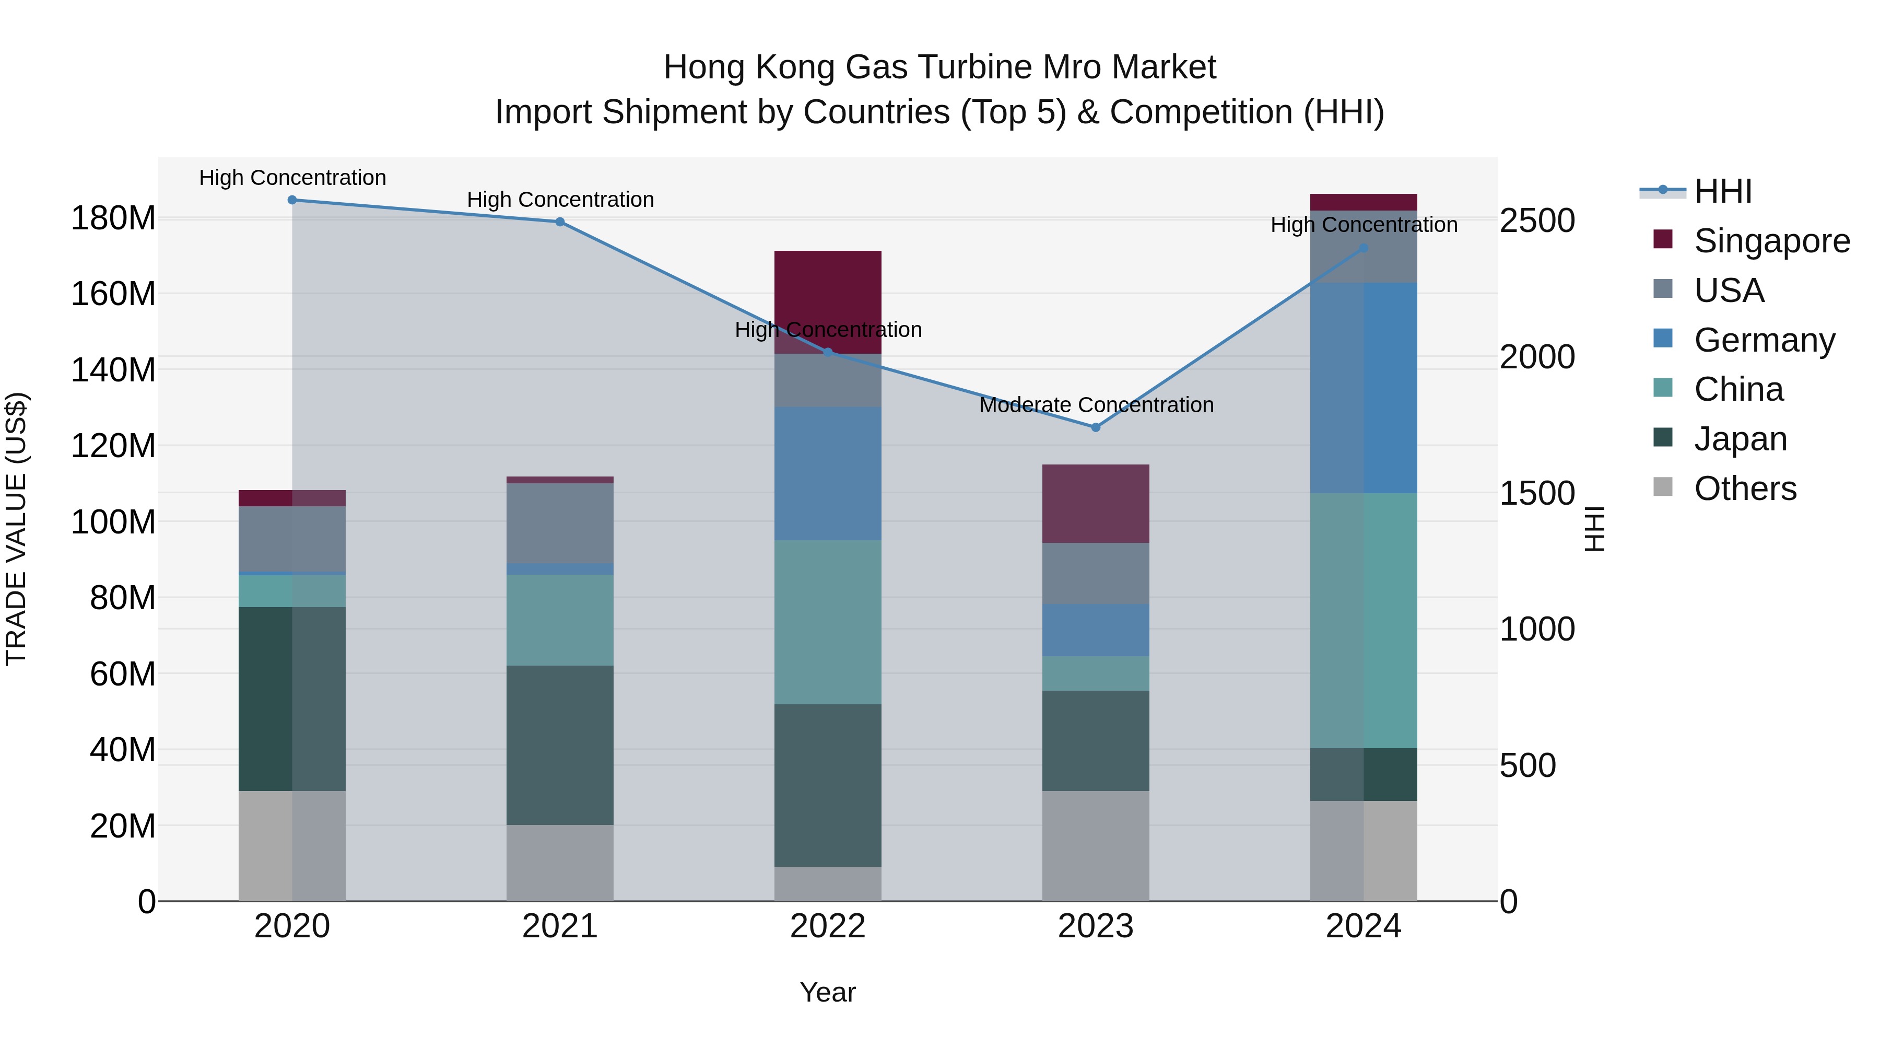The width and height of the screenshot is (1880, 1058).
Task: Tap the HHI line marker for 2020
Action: [x=292, y=200]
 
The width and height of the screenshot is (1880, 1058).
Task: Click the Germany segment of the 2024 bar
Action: [x=1364, y=388]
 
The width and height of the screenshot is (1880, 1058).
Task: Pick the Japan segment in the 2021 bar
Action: [x=560, y=745]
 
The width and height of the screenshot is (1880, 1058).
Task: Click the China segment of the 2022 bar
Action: [x=828, y=622]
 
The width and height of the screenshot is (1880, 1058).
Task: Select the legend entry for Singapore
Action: [x=1771, y=241]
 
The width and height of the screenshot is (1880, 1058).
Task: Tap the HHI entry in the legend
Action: [x=1722, y=191]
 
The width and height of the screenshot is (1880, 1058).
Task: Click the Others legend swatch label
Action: [x=1744, y=489]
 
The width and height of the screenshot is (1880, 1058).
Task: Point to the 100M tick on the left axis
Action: [x=113, y=522]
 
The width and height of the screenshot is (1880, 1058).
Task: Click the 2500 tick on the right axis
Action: [x=1537, y=220]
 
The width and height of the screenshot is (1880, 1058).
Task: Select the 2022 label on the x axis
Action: [x=828, y=926]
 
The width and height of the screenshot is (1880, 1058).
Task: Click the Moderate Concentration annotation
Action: [x=1096, y=404]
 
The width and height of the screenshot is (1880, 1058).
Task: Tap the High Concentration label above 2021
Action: [x=560, y=200]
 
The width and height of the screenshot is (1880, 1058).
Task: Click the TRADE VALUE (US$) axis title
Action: [x=16, y=529]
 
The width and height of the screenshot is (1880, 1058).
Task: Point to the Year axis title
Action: [x=828, y=992]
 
